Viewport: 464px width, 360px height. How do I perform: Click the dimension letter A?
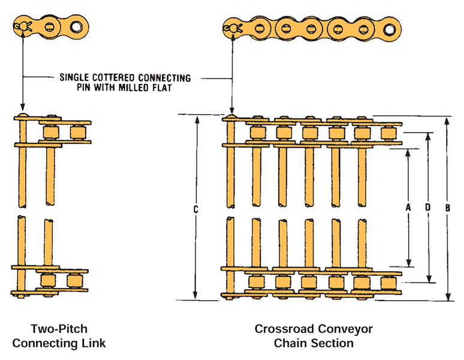408,207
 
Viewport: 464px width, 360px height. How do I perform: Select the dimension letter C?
196,209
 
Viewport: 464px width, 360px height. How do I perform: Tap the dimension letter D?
427,207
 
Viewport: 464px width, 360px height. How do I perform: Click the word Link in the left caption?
93,344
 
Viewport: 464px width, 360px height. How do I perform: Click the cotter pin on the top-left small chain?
23,26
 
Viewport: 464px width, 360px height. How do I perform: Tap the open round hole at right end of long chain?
390,28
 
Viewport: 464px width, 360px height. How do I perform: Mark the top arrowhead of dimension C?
196,119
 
